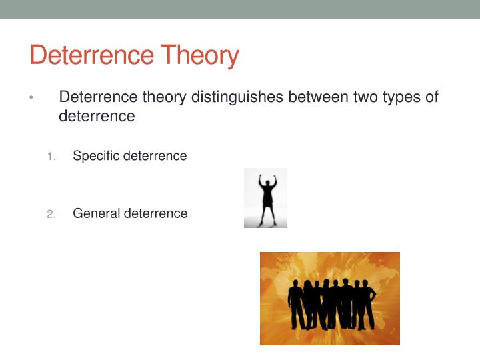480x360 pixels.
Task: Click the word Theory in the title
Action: click(198, 55)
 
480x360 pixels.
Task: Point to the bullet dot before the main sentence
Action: click(31, 98)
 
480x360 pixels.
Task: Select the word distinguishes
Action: click(237, 97)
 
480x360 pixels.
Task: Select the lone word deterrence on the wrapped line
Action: click(97, 116)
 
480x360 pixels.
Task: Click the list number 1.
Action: click(51, 157)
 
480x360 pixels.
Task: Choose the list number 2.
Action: click(51, 214)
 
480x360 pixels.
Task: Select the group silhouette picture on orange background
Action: click(329, 298)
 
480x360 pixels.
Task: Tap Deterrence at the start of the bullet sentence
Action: click(99, 97)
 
